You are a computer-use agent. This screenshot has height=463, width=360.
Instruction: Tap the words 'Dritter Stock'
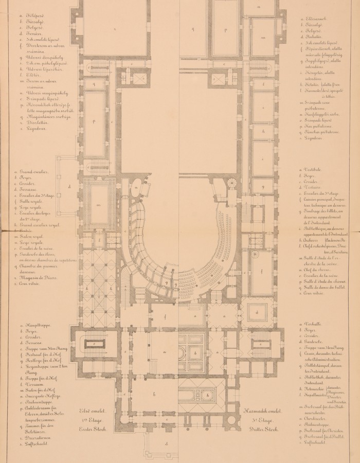[264, 430]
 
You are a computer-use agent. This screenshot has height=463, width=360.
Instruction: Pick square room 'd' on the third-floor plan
[257, 313]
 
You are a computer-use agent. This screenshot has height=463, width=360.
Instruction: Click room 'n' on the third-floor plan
[259, 6]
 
